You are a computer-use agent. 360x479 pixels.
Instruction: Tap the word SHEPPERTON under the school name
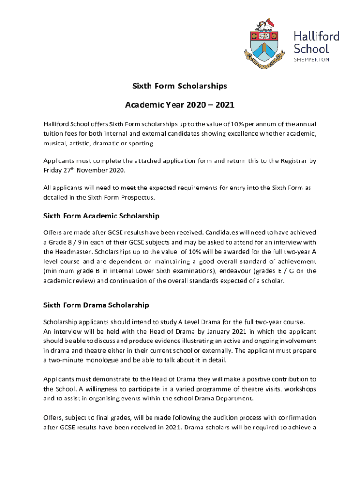pyautogui.click(x=311, y=59)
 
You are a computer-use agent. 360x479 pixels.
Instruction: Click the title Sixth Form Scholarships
pyautogui.click(x=180, y=86)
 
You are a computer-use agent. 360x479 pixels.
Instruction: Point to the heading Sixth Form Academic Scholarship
pyautogui.click(x=101, y=216)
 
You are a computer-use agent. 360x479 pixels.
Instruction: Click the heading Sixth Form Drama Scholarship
pyautogui.click(x=96, y=305)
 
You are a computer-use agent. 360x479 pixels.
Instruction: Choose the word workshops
pyautogui.click(x=296, y=389)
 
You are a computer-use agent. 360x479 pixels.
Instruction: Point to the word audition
pyautogui.click(x=218, y=417)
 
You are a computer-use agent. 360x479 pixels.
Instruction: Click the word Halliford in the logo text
pyautogui.click(x=317, y=36)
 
